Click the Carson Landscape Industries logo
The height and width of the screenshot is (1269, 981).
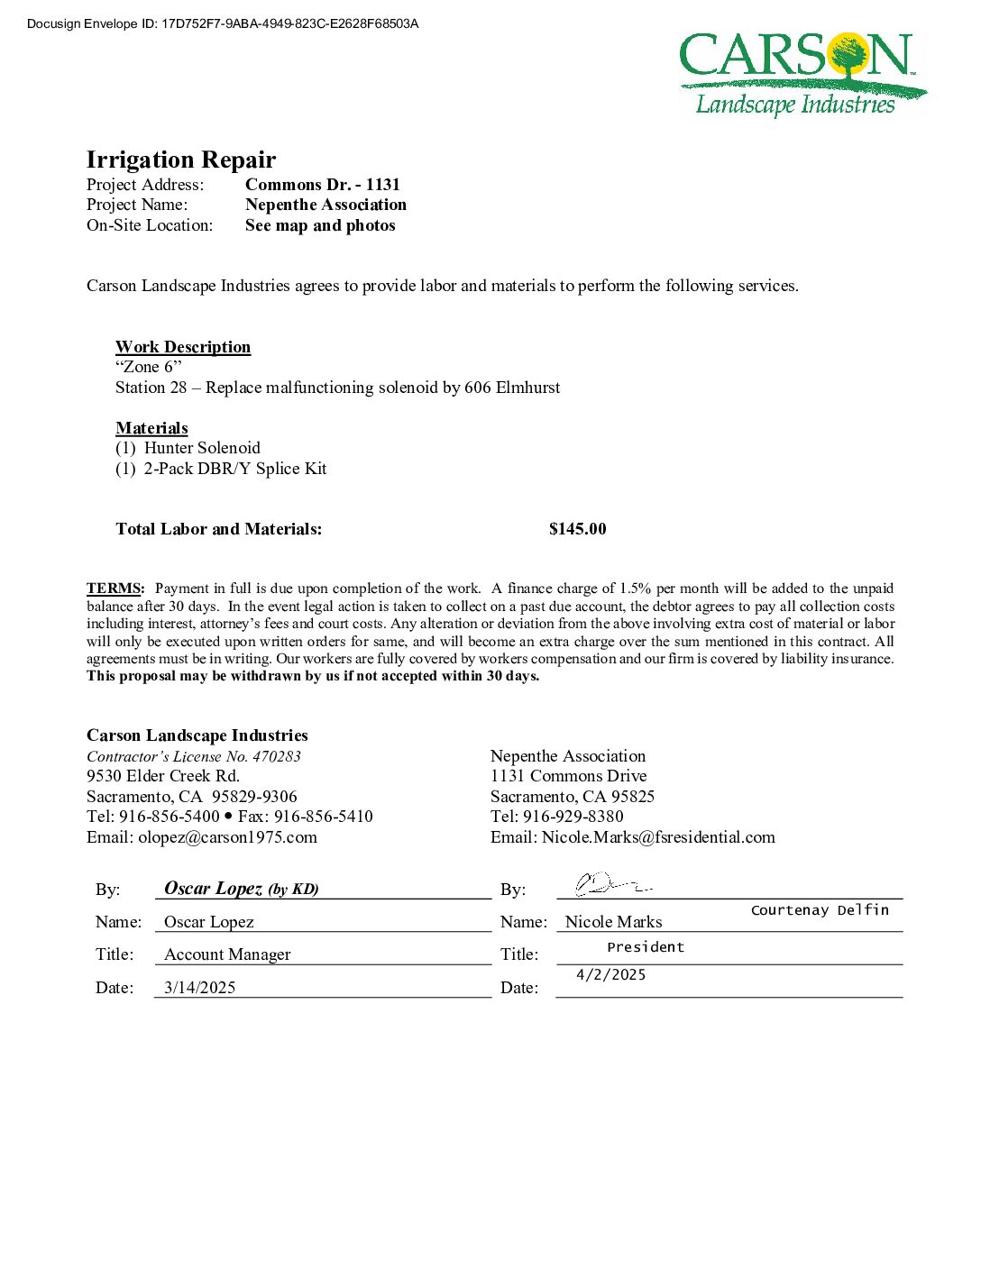point(802,74)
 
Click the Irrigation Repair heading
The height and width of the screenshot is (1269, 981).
point(181,160)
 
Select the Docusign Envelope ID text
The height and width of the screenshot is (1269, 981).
point(223,23)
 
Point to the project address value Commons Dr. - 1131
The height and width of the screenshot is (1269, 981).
point(322,185)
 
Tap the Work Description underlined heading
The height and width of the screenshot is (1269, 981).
point(183,347)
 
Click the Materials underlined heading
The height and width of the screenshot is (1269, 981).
point(151,428)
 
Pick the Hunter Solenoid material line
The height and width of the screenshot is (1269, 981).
point(202,448)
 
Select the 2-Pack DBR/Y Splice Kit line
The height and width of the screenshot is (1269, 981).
point(234,469)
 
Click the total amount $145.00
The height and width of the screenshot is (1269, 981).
point(577,529)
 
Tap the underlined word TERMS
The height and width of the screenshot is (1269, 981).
point(115,589)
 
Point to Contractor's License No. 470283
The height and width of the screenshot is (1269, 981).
point(194,756)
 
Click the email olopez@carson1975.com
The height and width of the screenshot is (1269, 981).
point(227,837)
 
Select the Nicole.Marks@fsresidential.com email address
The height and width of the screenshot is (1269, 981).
point(658,837)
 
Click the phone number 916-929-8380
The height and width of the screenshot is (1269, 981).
point(573,817)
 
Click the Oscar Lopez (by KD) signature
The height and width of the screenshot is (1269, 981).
point(241,889)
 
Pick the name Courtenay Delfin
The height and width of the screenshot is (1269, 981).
point(820,910)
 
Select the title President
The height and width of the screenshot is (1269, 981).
point(646,947)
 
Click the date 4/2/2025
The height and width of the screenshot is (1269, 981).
point(610,975)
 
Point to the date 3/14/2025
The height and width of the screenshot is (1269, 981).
point(199,988)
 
